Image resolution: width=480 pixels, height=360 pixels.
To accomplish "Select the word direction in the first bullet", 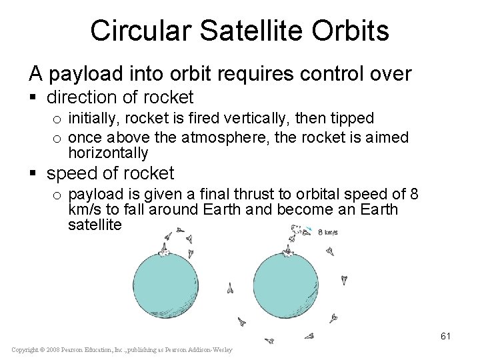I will pos(85,97).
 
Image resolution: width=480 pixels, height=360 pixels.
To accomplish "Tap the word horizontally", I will pos(108,153).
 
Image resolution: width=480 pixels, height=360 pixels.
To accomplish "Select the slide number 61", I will pos(445,336).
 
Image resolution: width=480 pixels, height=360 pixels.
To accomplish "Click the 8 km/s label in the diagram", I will pos(327,233).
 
